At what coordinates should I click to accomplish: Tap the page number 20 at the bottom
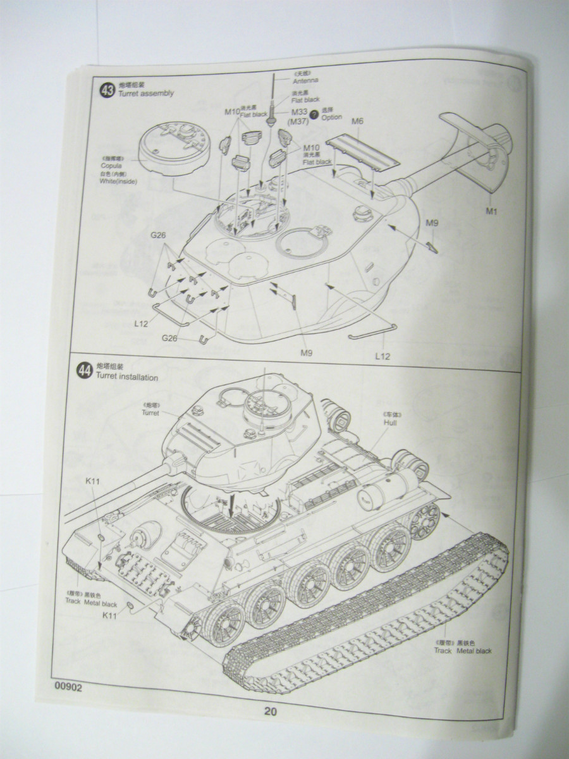pos(270,711)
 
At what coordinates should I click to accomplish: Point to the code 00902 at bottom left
pos(68,688)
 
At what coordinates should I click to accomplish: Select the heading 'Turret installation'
pos(127,377)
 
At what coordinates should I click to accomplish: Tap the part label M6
pos(357,121)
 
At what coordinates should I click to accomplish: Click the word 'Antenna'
pos(305,81)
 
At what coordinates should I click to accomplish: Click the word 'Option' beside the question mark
pos(331,118)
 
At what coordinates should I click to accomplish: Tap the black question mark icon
pos(314,113)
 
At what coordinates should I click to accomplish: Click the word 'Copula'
pos(111,166)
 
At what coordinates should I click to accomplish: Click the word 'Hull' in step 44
pos(390,422)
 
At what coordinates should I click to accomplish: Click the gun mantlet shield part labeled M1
pos(477,152)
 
